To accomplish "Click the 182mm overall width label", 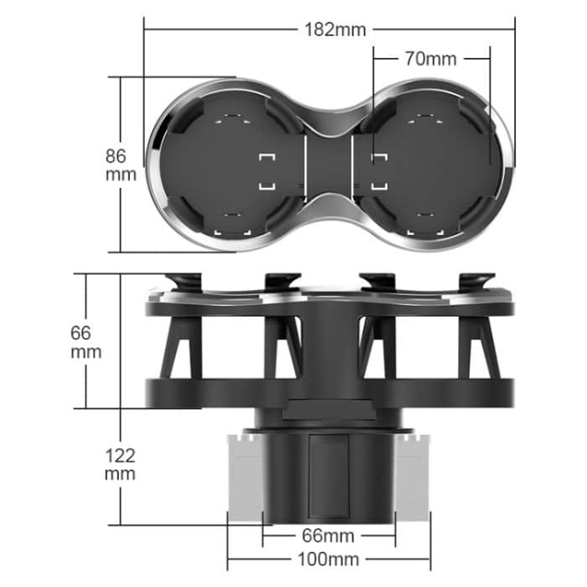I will [335, 30].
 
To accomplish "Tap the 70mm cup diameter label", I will [430, 59].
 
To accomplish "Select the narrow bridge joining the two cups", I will [329, 164].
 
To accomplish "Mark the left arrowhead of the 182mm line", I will [147, 30].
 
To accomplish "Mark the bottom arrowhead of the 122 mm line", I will [121, 522].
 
